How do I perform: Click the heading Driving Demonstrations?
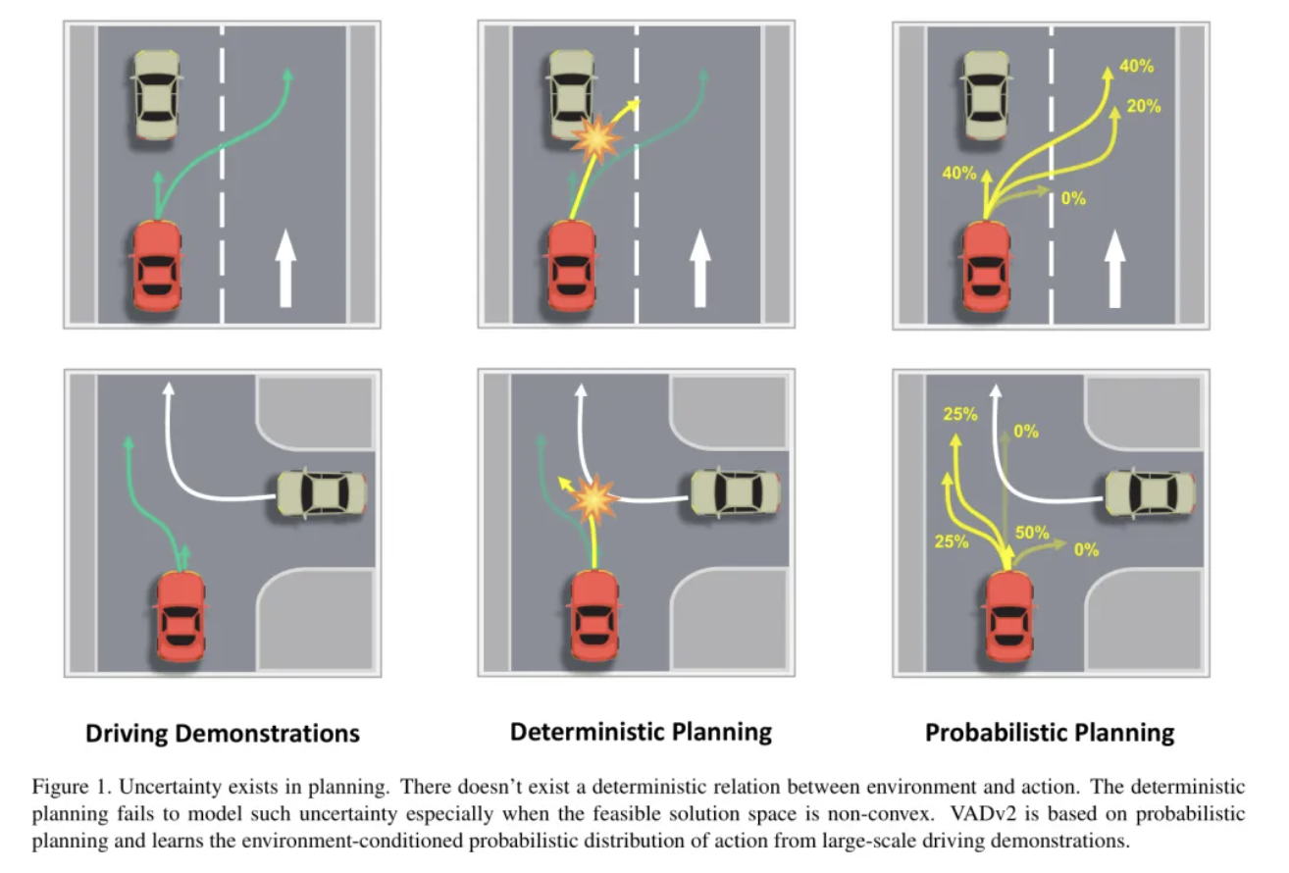(223, 733)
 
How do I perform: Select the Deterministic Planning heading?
(641, 731)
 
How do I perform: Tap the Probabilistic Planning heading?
(1050, 732)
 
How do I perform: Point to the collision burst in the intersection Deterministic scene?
(594, 501)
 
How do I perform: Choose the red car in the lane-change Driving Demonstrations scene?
(155, 266)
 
